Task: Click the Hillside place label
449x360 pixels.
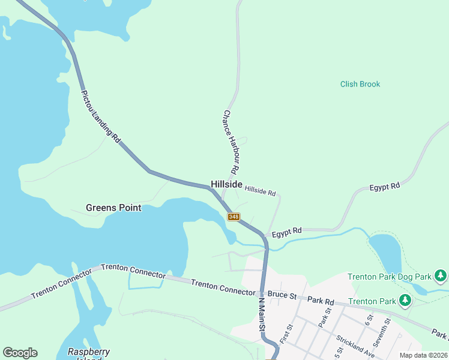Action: (x=226, y=184)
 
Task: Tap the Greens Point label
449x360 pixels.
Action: (x=113, y=208)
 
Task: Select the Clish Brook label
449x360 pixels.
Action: (x=360, y=85)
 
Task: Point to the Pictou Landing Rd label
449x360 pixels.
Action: (x=100, y=116)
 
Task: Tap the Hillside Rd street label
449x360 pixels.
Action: (x=260, y=191)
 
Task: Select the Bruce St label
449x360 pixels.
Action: (x=283, y=296)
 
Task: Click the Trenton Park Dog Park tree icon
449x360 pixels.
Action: (x=441, y=276)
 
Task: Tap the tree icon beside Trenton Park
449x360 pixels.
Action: (x=406, y=300)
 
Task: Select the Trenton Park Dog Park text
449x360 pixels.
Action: (x=390, y=277)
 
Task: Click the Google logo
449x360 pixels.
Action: (x=20, y=353)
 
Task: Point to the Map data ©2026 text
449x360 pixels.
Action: (x=423, y=355)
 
